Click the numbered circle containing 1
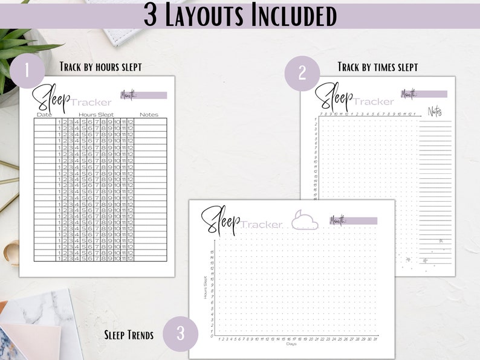(27, 71)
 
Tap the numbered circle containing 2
(302, 73)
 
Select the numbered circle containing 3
(181, 333)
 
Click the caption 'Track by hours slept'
(100, 66)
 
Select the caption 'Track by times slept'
(378, 66)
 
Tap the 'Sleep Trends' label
(129, 333)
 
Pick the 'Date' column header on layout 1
(44, 115)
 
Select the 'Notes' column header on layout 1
(149, 115)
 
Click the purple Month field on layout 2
(424, 94)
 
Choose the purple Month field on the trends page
(354, 220)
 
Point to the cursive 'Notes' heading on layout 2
(435, 111)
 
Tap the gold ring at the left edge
(11, 252)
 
